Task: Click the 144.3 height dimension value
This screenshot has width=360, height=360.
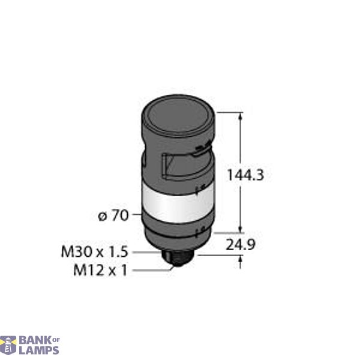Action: tap(246, 176)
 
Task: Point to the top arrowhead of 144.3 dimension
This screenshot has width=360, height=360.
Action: tap(241, 116)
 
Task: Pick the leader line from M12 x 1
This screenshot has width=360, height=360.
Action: tap(152, 271)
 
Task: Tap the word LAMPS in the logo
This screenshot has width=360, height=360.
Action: tap(39, 349)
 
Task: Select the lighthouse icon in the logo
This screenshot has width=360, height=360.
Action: tap(9, 344)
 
